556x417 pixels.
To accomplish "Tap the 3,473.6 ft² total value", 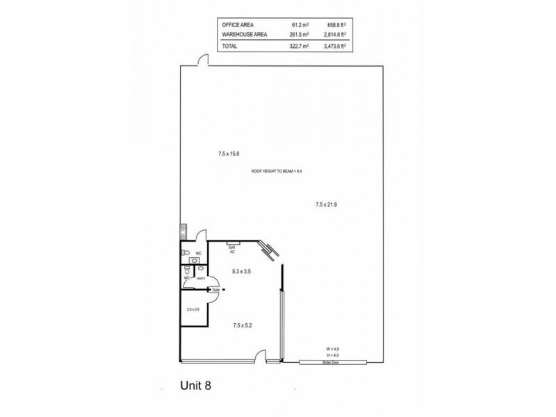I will tap(333, 46).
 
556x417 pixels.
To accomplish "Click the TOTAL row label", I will tap(229, 46).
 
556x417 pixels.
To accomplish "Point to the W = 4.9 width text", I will tap(334, 348).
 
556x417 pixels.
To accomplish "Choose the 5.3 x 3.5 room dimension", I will tap(240, 272).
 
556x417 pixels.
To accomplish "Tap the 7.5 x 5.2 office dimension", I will tap(241, 325).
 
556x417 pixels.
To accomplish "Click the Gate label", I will tap(215, 290).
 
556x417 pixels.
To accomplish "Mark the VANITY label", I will tap(200, 279).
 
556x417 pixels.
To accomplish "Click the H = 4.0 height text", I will tap(334, 354).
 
